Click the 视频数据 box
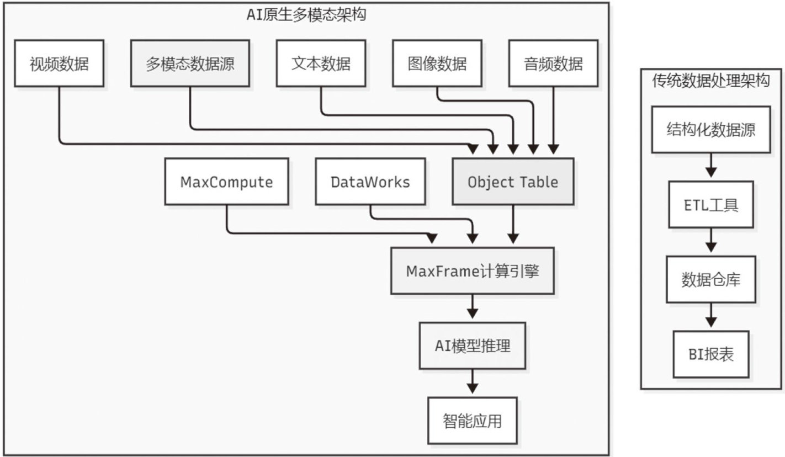(x=59, y=63)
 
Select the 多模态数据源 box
(x=190, y=63)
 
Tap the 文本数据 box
(x=321, y=63)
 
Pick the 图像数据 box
(x=437, y=63)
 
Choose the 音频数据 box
(x=553, y=63)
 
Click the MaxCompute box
(x=227, y=182)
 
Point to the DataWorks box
(x=370, y=182)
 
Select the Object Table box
(x=513, y=182)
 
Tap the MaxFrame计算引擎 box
(x=473, y=271)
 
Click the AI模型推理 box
(x=473, y=346)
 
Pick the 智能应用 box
(x=473, y=421)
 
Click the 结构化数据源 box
(x=711, y=130)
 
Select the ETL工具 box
(x=711, y=205)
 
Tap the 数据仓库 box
(x=711, y=280)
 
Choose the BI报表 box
(x=711, y=354)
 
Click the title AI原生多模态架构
(x=306, y=15)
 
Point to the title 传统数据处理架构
(x=711, y=81)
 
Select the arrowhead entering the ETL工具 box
(x=711, y=172)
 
